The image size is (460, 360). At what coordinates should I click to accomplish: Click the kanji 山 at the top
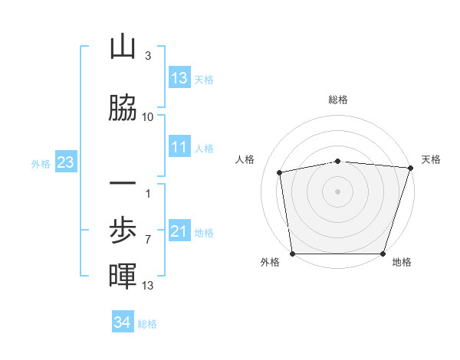pyautogui.click(x=123, y=47)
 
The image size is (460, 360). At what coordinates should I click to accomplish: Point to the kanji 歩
pyautogui.click(x=123, y=231)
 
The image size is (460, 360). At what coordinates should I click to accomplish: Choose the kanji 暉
pyautogui.click(x=123, y=276)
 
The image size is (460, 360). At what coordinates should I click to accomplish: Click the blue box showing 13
pyautogui.click(x=179, y=78)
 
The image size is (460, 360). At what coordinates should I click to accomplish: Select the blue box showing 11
pyautogui.click(x=179, y=147)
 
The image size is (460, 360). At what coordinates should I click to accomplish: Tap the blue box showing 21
pyautogui.click(x=179, y=231)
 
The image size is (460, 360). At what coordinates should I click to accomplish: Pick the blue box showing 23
pyautogui.click(x=65, y=162)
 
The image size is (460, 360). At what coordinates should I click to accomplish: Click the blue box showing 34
pyautogui.click(x=123, y=322)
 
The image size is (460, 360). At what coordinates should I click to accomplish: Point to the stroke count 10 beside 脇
pyautogui.click(x=148, y=116)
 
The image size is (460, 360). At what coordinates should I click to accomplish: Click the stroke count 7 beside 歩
pyautogui.click(x=148, y=240)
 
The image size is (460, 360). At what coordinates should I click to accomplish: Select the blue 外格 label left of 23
pyautogui.click(x=41, y=163)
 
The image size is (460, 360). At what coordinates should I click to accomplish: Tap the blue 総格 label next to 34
pyautogui.click(x=147, y=323)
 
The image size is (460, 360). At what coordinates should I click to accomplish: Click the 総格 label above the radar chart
pyautogui.click(x=338, y=100)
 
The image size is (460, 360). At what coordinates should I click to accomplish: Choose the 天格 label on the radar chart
pyautogui.click(x=432, y=159)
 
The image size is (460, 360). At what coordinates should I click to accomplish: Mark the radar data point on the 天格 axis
pyautogui.click(x=411, y=168)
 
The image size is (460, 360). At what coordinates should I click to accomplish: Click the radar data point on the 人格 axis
pyautogui.click(x=280, y=172)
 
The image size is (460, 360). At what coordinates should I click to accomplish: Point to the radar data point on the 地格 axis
pyautogui.click(x=383, y=254)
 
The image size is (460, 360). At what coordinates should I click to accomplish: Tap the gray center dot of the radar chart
pyautogui.click(x=338, y=191)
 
